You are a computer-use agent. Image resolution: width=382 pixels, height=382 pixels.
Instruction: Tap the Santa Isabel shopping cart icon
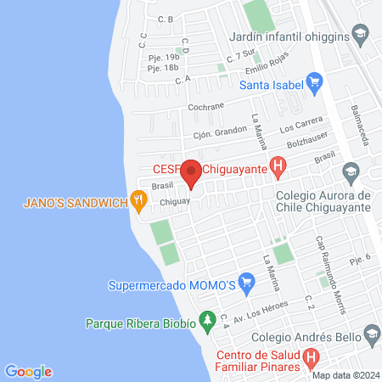(x=316, y=83)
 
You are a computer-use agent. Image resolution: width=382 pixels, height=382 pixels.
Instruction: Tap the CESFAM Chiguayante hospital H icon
(x=276, y=167)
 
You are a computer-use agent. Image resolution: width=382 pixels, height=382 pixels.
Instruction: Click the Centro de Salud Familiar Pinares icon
(x=312, y=358)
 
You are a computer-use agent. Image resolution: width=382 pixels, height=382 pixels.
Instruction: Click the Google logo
(x=28, y=371)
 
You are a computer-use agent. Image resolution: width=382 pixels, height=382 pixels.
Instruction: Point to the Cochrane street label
(x=207, y=106)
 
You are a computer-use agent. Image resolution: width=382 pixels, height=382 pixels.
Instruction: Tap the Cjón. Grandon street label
(x=214, y=133)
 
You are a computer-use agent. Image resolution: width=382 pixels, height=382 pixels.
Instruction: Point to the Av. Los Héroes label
(x=262, y=312)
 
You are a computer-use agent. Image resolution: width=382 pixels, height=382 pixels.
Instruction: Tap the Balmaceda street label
(x=362, y=126)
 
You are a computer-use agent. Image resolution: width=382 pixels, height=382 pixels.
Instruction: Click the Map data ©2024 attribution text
(x=344, y=374)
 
